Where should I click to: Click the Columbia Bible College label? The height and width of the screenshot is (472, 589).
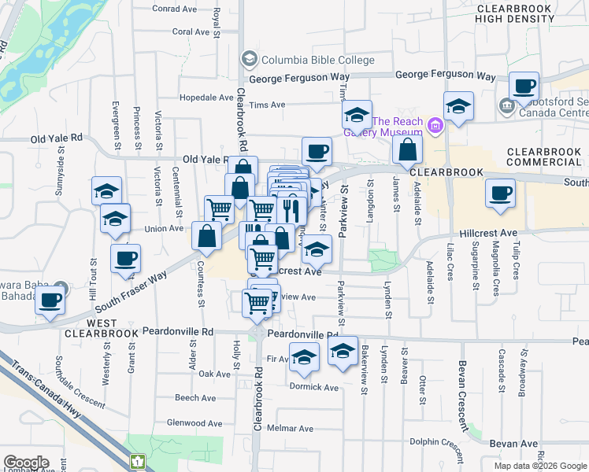[313, 58]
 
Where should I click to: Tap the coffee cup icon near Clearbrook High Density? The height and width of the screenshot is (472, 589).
[524, 86]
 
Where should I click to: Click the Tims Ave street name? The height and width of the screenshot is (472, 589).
[266, 105]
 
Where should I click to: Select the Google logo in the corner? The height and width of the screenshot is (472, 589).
[26, 462]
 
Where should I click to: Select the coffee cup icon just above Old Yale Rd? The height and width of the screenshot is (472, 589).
[317, 151]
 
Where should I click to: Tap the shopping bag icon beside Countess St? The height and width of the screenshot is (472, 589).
[206, 235]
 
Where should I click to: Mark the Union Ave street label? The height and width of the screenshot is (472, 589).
[164, 229]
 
